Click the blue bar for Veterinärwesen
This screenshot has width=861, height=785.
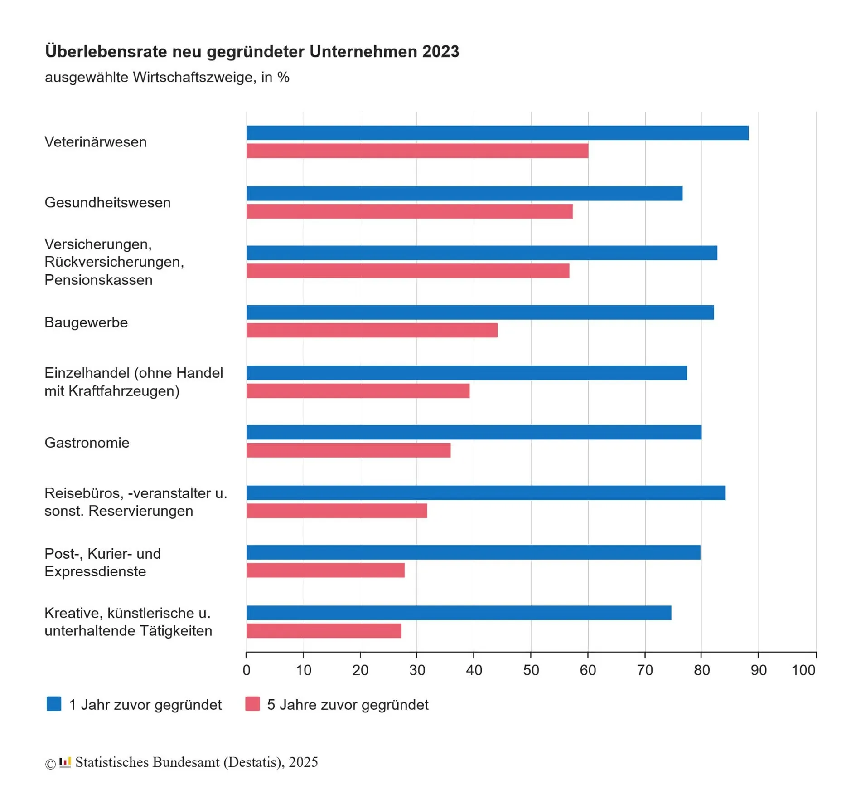(x=497, y=133)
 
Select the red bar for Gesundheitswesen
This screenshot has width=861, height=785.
(x=409, y=211)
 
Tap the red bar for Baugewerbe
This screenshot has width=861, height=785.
(x=372, y=330)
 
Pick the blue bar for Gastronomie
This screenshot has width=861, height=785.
(x=474, y=432)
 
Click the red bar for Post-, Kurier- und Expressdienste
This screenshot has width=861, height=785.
(x=325, y=570)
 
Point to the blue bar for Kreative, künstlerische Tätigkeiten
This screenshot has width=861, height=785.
(x=459, y=613)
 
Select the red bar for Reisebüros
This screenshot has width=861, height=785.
(x=336, y=511)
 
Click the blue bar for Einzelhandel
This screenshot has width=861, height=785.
(x=466, y=373)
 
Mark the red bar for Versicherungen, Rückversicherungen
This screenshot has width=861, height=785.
(x=407, y=271)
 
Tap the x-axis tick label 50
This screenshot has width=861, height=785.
(x=531, y=670)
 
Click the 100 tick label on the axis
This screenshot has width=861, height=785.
(x=803, y=670)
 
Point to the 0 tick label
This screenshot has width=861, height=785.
(x=247, y=670)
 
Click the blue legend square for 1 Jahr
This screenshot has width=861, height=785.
(x=54, y=704)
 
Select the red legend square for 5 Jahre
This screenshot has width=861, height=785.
(x=252, y=704)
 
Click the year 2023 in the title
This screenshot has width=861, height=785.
(x=440, y=52)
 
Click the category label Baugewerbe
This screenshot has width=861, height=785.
(x=86, y=322)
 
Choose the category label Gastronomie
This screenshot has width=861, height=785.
(x=87, y=443)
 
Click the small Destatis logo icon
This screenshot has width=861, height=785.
(x=65, y=762)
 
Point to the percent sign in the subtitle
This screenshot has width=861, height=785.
(x=284, y=78)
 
